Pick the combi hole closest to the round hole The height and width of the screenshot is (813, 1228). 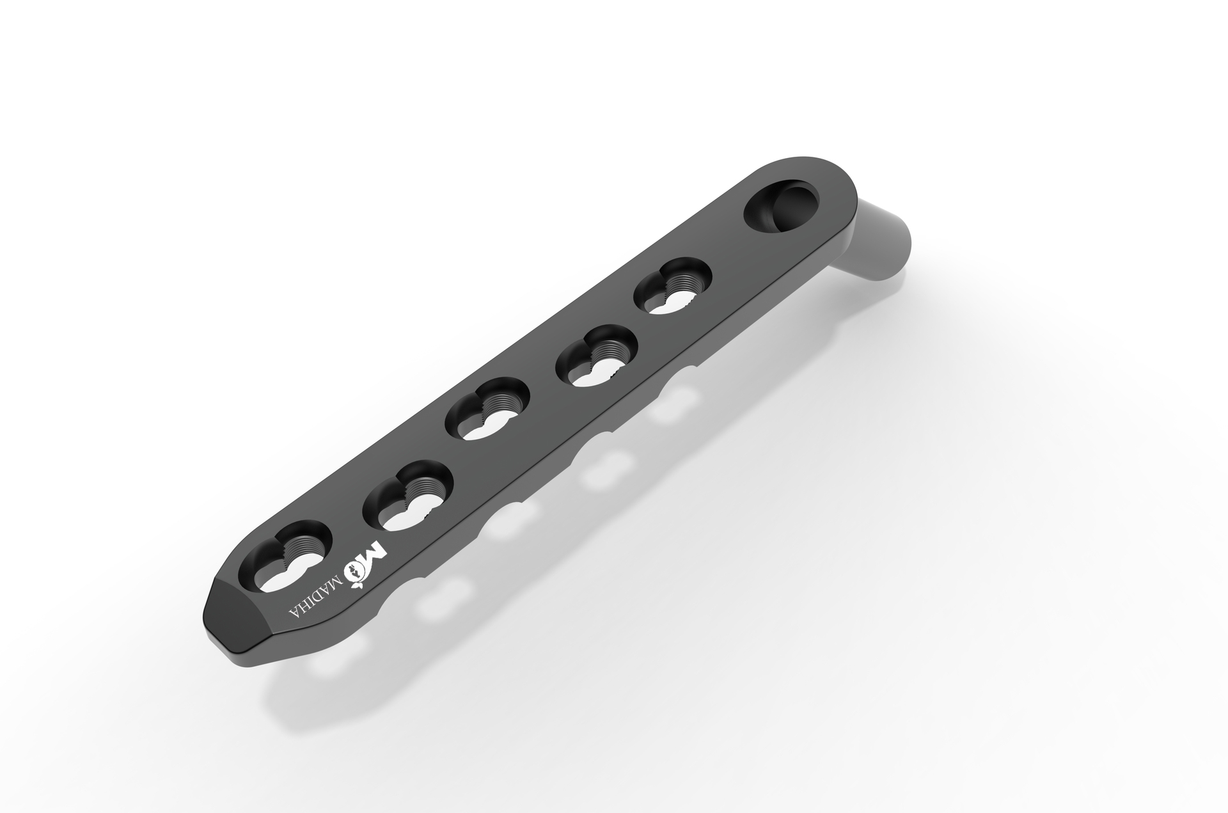pyautogui.click(x=673, y=287)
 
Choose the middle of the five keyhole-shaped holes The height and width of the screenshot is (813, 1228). pyautogui.click(x=488, y=409)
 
